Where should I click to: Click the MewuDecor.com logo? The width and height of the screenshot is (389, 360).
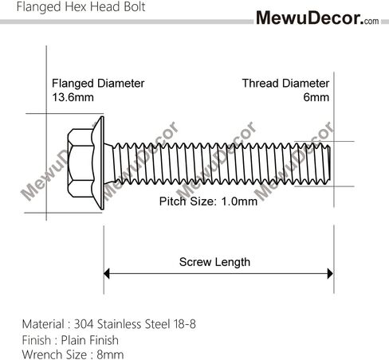(317, 18)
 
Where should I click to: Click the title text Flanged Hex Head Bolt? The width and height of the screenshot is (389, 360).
(81, 6)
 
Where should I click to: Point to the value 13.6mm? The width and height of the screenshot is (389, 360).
(73, 97)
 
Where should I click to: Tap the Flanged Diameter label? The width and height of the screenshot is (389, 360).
(98, 84)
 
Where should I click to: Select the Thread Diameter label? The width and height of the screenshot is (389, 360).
(285, 84)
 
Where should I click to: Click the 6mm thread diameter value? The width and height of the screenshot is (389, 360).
(316, 97)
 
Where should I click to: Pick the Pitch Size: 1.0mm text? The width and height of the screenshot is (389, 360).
(208, 202)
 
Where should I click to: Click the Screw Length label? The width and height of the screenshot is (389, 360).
(214, 262)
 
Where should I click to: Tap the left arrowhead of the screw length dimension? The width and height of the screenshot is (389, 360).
(106, 273)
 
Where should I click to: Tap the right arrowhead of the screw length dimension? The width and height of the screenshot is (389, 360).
(330, 273)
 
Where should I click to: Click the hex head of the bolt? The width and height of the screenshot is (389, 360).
(81, 163)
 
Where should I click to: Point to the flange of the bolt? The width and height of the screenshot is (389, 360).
(99, 162)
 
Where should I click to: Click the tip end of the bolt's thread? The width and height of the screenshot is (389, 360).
(329, 163)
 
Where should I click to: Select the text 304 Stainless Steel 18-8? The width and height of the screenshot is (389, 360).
(135, 324)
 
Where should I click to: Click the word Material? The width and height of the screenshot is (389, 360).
(43, 324)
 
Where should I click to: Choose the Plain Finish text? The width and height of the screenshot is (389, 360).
(90, 340)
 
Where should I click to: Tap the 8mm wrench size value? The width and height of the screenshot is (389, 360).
(110, 354)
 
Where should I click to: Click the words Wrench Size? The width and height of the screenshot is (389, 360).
(54, 354)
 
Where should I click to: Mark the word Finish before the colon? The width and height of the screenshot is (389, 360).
(37, 340)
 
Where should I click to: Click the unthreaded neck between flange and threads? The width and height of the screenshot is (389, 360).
(108, 163)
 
